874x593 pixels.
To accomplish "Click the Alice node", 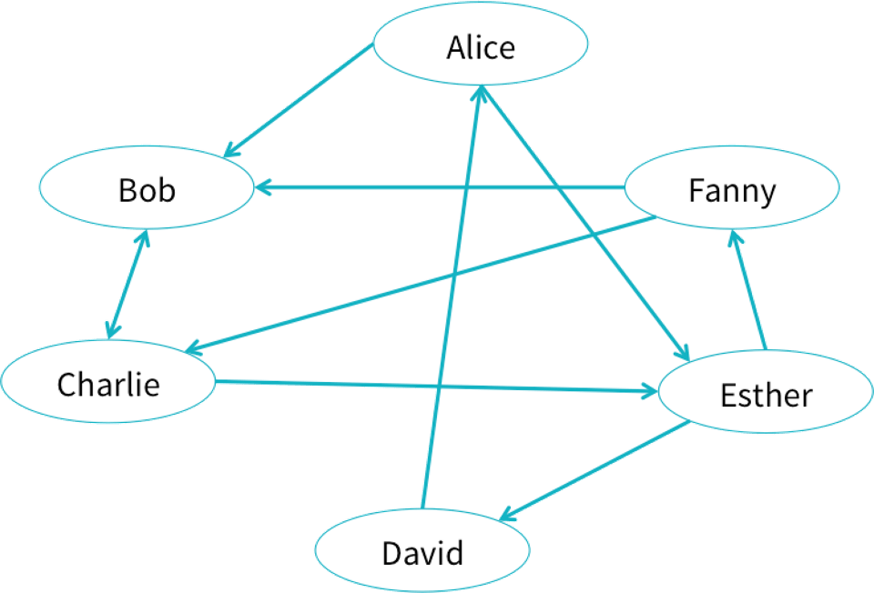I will [481, 47].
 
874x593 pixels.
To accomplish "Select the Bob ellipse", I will [147, 190].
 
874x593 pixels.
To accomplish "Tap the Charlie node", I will [108, 384].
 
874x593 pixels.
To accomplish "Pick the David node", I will [422, 552].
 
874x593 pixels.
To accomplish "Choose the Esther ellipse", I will [766, 395].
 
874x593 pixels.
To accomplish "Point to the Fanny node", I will [732, 191].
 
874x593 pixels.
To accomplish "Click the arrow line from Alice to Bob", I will [300, 99].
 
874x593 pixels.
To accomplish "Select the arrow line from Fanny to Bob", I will [437, 188].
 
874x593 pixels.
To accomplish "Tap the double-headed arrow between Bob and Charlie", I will [126, 285].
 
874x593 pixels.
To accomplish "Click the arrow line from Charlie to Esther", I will [437, 387].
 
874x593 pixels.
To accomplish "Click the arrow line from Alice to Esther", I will [583, 218].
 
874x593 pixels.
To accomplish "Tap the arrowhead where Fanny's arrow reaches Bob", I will [261, 188].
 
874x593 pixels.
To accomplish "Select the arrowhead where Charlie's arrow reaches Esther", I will [650, 392].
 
